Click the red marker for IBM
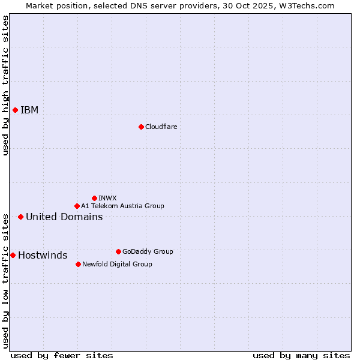point(15,110)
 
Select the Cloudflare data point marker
point(141,127)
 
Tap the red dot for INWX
point(94,198)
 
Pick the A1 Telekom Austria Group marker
point(77,206)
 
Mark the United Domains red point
point(20,217)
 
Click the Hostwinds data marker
point(13,255)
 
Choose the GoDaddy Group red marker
point(118,251)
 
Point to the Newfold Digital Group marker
point(78,264)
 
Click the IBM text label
point(29,110)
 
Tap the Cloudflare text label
point(161,127)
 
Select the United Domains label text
point(64,217)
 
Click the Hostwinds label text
point(43,255)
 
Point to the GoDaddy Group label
point(148,251)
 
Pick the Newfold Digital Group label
point(117,264)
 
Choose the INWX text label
point(107,198)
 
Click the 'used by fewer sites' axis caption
point(62,355)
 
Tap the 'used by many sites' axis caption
point(301,355)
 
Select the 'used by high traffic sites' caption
point(5,85)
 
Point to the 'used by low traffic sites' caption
point(5,280)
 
